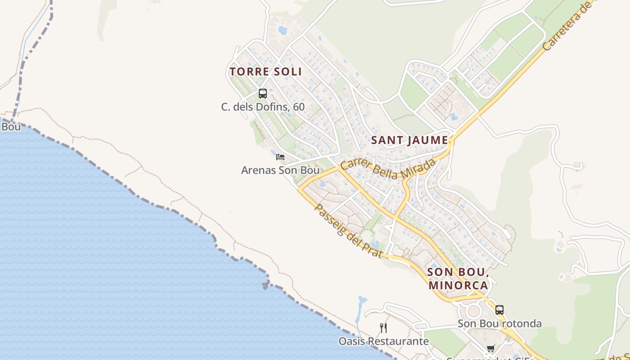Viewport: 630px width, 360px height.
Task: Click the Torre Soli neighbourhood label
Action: pos(265,72)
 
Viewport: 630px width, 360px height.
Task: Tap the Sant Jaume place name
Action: pos(409,140)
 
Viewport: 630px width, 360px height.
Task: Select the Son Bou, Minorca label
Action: pos(458,279)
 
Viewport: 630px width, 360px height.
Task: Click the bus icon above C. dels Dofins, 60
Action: pos(263,94)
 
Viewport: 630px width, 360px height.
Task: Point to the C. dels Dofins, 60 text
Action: pos(263,107)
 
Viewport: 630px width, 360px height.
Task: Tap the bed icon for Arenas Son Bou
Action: pos(280,157)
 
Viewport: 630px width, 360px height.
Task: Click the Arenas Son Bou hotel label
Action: pos(280,170)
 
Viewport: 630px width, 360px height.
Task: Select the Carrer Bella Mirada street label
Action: pos(388,170)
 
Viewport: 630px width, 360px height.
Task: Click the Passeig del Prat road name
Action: pos(348,231)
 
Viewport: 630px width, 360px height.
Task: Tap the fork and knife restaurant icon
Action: pos(383,328)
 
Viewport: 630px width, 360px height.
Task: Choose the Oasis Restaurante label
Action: pos(383,341)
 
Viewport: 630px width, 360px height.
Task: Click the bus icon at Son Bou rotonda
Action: pos(499,310)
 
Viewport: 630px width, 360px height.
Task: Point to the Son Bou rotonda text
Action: pos(499,324)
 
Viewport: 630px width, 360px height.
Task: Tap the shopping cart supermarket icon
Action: pos(491,349)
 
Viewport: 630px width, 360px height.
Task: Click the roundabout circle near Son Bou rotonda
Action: pos(473,311)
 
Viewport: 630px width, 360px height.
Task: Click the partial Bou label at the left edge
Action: pos(11,126)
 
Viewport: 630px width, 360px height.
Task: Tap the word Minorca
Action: pos(458,285)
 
